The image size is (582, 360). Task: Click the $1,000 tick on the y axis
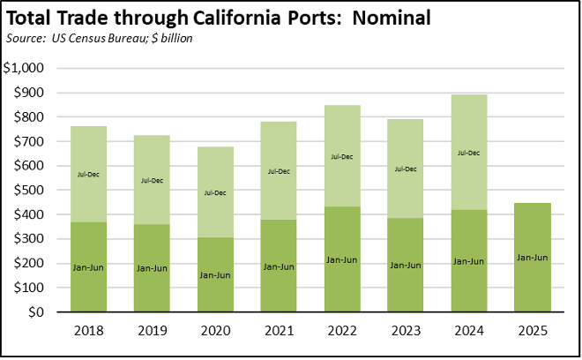[29, 68]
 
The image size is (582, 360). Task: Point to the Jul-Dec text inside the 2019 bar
[152, 180]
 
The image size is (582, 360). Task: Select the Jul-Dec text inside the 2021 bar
[279, 171]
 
